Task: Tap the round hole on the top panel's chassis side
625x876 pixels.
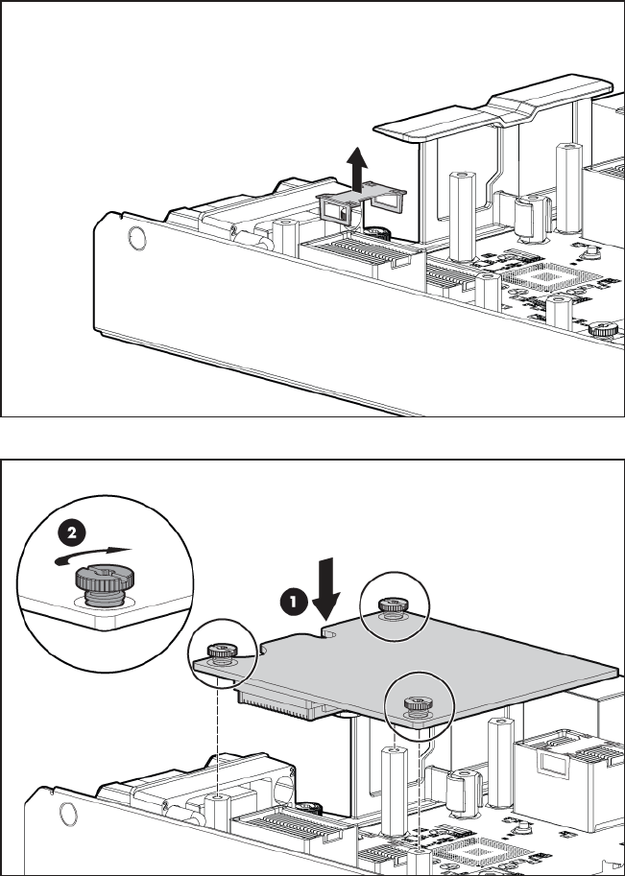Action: click(137, 238)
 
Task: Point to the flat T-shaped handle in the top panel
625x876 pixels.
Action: click(492, 109)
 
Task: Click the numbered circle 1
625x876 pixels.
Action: click(294, 603)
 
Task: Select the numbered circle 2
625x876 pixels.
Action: click(72, 533)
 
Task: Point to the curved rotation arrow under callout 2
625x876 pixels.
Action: click(91, 556)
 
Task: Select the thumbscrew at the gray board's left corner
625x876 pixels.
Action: click(222, 653)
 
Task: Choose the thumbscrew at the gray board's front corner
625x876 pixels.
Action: click(417, 704)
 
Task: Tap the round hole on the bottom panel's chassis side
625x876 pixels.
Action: click(68, 813)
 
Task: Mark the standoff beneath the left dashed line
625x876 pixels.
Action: click(218, 808)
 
